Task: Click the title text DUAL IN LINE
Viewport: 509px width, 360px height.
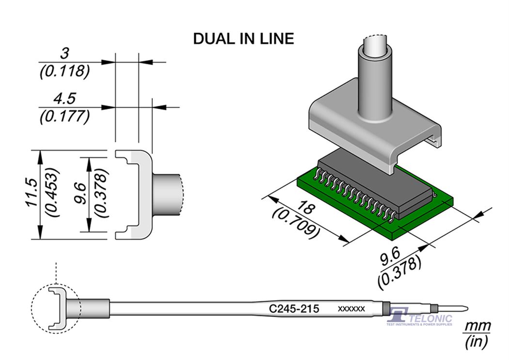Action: pos(243,39)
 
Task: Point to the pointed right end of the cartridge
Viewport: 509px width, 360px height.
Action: pos(466,308)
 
